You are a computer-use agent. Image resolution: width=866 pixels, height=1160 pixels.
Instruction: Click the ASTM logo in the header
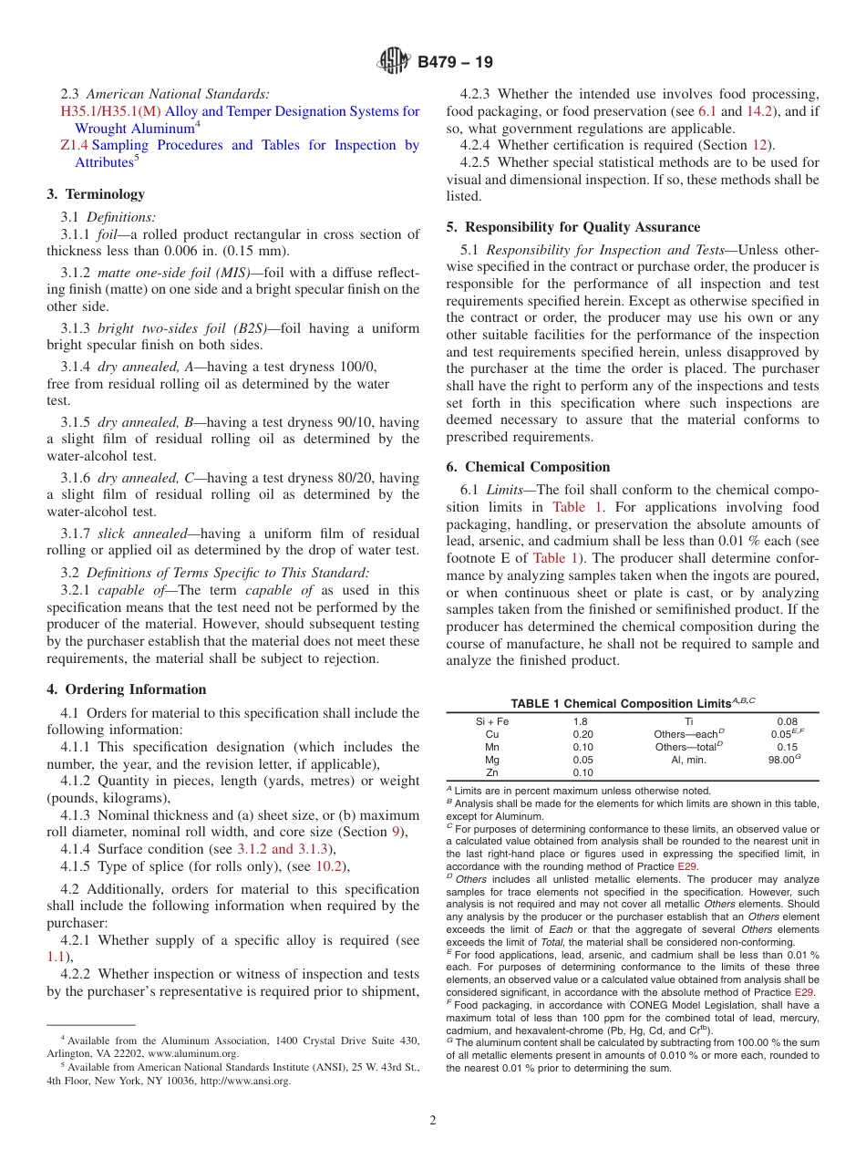coord(394,62)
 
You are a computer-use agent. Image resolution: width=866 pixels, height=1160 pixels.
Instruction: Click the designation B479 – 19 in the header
coord(455,62)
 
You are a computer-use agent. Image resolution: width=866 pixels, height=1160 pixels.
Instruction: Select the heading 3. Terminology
coord(96,193)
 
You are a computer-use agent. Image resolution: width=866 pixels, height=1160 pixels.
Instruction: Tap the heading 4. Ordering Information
coord(127,689)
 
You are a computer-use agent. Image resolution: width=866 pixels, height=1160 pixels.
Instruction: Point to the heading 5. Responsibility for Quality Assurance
coord(573,227)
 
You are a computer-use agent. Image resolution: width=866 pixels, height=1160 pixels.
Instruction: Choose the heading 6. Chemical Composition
coord(529,466)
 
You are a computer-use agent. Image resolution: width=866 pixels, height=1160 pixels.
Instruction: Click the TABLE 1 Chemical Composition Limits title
coord(632,703)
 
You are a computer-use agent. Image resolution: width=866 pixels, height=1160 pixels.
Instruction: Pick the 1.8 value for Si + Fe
coord(580,721)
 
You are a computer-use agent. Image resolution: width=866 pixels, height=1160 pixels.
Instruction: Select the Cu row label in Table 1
coord(492,734)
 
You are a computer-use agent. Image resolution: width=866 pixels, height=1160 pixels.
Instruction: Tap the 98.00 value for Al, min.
coord(782,760)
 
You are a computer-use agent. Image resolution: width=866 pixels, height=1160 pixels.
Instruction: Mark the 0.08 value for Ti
coord(786,721)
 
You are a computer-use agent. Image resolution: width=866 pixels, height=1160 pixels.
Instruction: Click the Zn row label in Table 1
coord(492,772)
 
